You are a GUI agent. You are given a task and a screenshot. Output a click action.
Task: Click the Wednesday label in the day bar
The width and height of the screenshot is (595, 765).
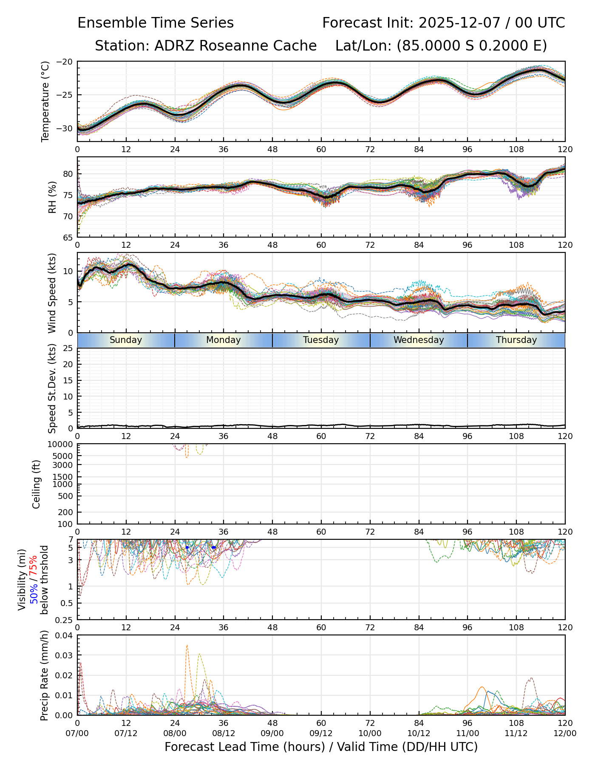pos(419,340)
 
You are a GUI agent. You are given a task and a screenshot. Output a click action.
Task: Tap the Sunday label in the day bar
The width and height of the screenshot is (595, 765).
pos(126,340)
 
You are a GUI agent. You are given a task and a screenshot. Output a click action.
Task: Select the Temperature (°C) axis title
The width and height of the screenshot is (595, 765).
pos(45,101)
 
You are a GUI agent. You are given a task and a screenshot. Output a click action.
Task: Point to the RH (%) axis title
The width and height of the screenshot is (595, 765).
pos(52,197)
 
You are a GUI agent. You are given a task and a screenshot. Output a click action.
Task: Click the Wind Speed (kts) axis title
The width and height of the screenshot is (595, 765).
pos(52,293)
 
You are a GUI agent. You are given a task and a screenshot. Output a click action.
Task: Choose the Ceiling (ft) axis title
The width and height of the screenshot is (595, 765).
pos(37,484)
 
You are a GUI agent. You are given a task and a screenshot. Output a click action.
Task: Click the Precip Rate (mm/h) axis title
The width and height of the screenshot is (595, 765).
pos(45,675)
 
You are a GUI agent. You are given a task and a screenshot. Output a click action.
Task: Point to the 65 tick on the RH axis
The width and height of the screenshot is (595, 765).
pos(68,237)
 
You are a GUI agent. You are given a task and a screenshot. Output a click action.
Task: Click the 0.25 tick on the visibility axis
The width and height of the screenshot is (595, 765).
pos(65,620)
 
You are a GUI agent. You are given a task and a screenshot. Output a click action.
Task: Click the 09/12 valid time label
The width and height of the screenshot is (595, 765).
pos(321,733)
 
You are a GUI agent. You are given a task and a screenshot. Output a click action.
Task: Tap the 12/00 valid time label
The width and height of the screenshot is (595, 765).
pos(565,733)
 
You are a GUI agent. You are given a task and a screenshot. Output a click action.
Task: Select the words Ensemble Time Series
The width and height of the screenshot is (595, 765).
pos(156,23)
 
